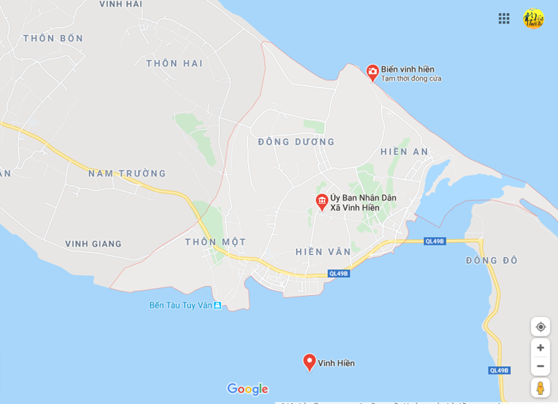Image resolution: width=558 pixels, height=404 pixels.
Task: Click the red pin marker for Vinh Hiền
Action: pyautogui.click(x=309, y=362)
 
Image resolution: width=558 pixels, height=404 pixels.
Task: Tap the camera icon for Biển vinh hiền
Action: pyautogui.click(x=373, y=71)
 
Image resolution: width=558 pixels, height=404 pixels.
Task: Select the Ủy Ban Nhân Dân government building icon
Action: pyautogui.click(x=321, y=201)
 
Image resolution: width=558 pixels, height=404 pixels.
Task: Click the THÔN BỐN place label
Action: pyautogui.click(x=53, y=39)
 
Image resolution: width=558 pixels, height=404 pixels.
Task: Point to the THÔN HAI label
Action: pyautogui.click(x=174, y=63)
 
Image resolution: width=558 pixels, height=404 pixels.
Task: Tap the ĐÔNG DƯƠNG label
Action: pyautogui.click(x=296, y=142)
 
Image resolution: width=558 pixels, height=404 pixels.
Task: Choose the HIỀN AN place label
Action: pyautogui.click(x=404, y=152)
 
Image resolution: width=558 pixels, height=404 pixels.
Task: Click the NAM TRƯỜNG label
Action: pyautogui.click(x=127, y=174)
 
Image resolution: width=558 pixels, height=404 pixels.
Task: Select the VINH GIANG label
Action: pyautogui.click(x=93, y=244)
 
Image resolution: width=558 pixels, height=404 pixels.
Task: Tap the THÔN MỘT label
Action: pyautogui.click(x=215, y=242)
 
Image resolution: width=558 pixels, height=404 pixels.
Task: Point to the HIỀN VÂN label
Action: pyautogui.click(x=323, y=252)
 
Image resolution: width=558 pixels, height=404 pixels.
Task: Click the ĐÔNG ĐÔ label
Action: pyautogui.click(x=491, y=261)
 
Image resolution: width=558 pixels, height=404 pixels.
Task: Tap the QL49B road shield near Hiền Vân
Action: pyautogui.click(x=339, y=274)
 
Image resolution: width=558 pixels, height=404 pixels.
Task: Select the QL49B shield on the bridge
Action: pyautogui.click(x=435, y=241)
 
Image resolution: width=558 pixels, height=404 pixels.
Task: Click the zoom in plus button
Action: pyautogui.click(x=540, y=347)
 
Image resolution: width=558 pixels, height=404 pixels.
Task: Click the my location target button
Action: pyautogui.click(x=540, y=327)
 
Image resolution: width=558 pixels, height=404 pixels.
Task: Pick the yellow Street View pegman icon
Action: pyautogui.click(x=540, y=387)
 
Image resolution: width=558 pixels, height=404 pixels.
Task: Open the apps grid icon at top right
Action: pyautogui.click(x=504, y=19)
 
